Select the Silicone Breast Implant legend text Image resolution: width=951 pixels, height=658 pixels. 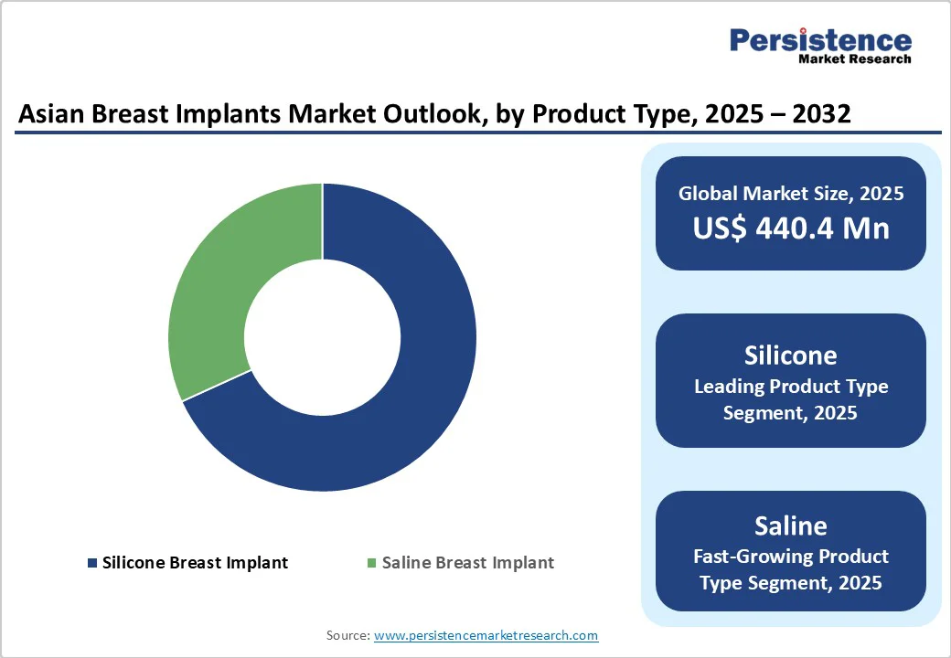coord(195,562)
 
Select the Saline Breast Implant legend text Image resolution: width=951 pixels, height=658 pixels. coord(467,562)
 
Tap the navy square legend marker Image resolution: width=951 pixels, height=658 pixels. coord(91,562)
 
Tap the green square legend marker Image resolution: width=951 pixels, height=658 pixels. coord(371,562)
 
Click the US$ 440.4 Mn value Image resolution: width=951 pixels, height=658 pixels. coord(790,228)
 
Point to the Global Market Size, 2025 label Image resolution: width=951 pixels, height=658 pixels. coord(790,193)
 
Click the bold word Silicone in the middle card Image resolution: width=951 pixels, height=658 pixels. coord(790,355)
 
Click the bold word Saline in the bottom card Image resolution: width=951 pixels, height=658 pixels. coord(790,525)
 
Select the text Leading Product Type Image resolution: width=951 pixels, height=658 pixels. coord(790,386)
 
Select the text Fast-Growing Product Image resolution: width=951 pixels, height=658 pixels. coord(790,556)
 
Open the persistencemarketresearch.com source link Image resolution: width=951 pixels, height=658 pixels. coord(486,634)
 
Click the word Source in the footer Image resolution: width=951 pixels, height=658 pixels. coord(347,634)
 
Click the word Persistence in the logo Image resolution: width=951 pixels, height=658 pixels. coord(820,40)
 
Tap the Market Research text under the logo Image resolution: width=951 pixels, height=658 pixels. coord(854,59)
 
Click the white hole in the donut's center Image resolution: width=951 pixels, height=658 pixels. coord(322,336)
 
